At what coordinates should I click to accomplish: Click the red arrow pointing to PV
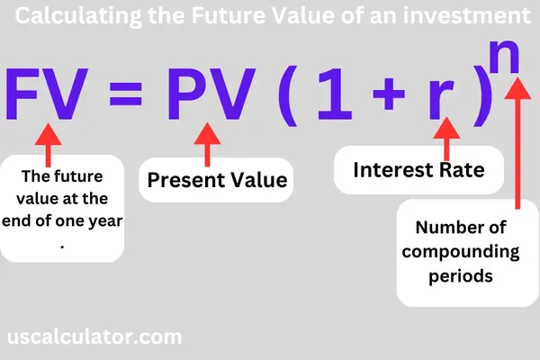[208, 142]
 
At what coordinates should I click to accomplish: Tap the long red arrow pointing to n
[517, 144]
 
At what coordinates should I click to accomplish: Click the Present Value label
[217, 180]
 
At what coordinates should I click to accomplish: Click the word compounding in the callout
[453, 251]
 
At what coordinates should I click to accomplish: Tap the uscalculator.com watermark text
[94, 337]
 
